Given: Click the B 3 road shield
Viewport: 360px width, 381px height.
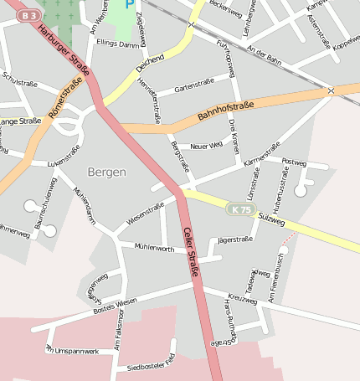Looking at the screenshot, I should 29,15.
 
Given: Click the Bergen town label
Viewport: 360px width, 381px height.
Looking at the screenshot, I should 106,172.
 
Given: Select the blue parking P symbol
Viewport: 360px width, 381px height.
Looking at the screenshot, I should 129,4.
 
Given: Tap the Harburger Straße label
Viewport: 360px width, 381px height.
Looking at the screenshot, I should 63,49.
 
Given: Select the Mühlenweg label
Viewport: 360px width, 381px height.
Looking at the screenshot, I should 153,247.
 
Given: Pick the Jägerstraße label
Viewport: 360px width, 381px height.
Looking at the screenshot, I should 234,240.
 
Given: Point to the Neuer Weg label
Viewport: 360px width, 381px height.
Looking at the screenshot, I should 206,146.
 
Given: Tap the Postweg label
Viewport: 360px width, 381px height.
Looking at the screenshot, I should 295,162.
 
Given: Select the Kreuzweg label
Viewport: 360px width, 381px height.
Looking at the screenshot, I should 241,297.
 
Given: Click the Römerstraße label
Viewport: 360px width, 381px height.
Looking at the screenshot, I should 64,110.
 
